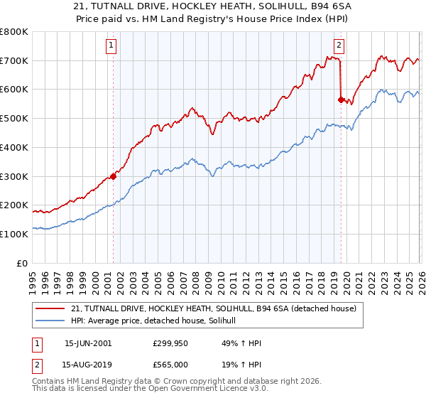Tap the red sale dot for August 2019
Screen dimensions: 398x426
click(341, 100)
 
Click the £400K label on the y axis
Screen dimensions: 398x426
click(14, 148)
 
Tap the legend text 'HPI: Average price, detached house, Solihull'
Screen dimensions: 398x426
click(158, 321)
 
